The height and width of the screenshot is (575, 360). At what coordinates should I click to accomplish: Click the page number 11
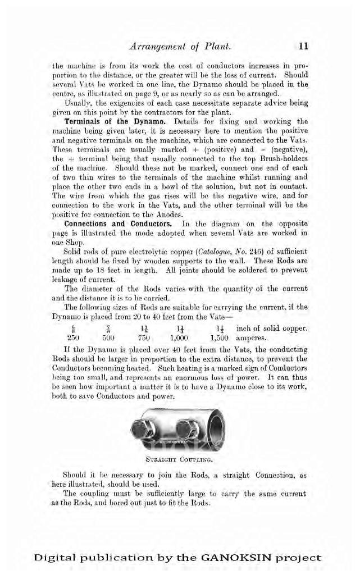coord(304,46)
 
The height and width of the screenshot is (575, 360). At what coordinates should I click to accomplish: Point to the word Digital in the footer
coord(54,558)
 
